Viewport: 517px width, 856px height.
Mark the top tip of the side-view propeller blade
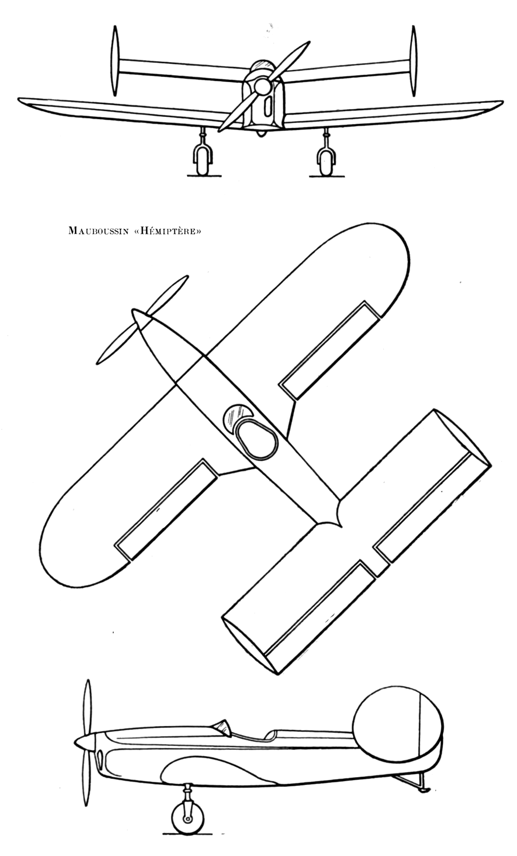click(86, 680)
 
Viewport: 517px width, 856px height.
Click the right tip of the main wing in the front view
click(503, 102)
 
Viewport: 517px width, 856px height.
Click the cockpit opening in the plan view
click(255, 438)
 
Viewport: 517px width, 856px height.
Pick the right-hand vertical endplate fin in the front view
click(413, 61)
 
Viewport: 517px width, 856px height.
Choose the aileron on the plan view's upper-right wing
click(329, 350)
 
